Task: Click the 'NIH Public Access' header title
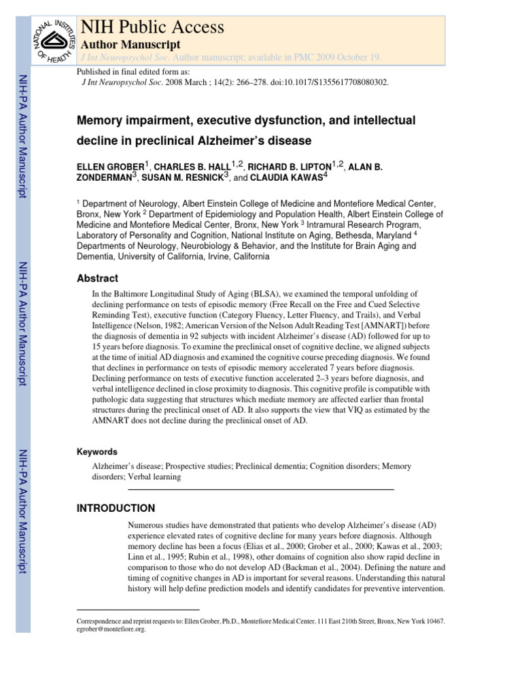pos(152,27)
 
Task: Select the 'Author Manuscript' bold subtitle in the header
pos(130,44)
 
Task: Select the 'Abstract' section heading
pos(97,278)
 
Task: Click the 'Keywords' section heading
pos(98,451)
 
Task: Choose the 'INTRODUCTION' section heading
pos(116,508)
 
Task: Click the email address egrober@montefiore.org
pos(111,629)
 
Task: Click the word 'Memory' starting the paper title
pos(104,120)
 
